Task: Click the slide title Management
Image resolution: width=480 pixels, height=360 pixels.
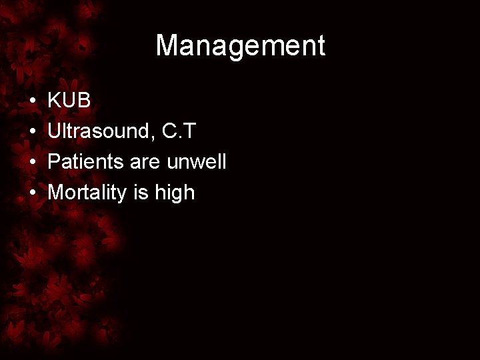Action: (x=240, y=46)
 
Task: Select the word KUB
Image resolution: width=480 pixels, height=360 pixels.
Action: (x=70, y=100)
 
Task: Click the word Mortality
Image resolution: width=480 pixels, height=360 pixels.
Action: (x=84, y=193)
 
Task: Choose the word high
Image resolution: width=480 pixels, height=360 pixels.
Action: (x=171, y=193)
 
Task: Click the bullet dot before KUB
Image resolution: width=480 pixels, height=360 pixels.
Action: (x=33, y=101)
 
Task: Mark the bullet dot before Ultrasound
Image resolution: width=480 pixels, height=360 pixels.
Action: (x=33, y=132)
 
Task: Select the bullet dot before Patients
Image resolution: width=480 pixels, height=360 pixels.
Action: (x=33, y=163)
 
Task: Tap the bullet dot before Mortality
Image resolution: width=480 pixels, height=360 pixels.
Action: (x=33, y=193)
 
